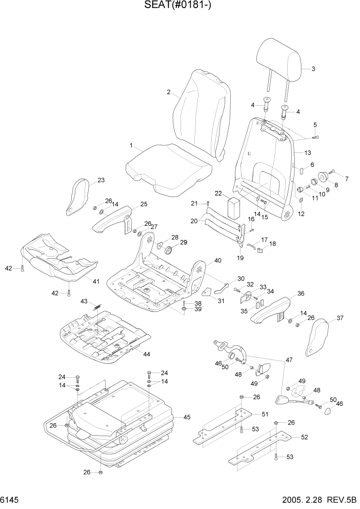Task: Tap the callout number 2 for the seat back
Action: click(x=168, y=92)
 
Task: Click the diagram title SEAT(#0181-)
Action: click(x=179, y=6)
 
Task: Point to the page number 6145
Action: click(x=11, y=499)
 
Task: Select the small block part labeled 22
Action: click(x=234, y=208)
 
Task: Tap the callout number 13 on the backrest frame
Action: click(x=308, y=153)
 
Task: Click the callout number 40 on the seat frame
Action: click(x=217, y=261)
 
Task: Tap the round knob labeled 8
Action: click(x=324, y=178)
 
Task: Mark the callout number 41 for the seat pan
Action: click(x=95, y=281)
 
